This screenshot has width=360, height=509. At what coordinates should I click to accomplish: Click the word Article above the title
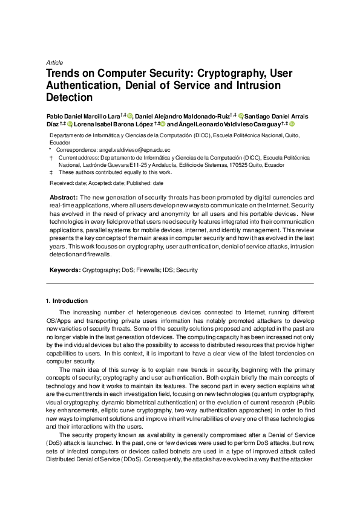54,62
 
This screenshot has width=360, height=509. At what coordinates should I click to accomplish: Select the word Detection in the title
70,97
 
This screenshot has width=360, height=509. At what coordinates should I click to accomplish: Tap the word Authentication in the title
82,85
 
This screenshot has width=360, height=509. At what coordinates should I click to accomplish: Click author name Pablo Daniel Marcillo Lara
83,115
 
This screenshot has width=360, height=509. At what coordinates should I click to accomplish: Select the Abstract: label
63,198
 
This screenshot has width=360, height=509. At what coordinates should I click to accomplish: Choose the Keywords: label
65,270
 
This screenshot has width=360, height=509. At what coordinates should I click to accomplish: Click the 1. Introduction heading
67,300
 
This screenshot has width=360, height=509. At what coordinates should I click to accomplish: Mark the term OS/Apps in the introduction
59,321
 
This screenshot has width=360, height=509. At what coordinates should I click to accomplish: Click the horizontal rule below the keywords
180,283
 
